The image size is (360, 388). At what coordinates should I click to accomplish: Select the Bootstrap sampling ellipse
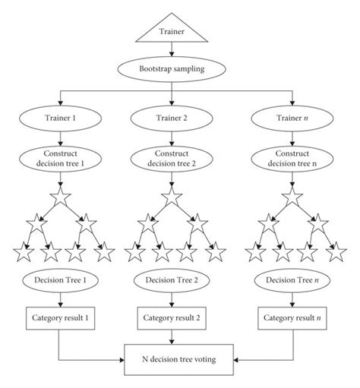coord(172,69)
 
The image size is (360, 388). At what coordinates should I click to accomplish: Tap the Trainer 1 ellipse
coord(60,118)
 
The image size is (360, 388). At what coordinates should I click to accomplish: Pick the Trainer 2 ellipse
coord(172,118)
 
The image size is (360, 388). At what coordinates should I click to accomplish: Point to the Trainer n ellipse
coord(292,118)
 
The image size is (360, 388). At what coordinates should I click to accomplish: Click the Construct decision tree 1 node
coord(60,159)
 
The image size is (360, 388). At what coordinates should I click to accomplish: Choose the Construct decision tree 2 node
coord(172,159)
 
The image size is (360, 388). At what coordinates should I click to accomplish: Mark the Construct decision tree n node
coord(292,159)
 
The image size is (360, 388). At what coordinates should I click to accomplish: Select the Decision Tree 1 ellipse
coord(60,280)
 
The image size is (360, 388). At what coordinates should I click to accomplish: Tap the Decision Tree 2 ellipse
coord(172,280)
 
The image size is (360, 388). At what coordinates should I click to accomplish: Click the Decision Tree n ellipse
coord(292,280)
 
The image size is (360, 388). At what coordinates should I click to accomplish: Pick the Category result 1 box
coord(60,318)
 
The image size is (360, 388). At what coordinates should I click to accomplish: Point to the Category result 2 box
coord(172,318)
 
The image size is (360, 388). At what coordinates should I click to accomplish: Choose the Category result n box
coord(292,318)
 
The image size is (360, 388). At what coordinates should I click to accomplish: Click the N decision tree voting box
coord(178,359)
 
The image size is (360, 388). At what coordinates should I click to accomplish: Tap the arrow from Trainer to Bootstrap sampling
coord(172,49)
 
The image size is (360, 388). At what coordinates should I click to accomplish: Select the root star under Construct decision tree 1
coord(60,197)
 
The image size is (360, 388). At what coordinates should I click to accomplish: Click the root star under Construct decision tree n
coord(292,197)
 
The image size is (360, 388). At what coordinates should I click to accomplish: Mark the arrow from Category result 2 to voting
coord(172,337)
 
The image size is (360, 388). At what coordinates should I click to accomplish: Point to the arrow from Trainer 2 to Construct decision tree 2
coord(172,138)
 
